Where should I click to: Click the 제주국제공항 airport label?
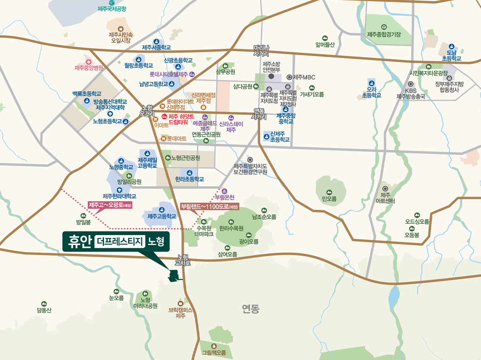pyautogui.click(x=112, y=8)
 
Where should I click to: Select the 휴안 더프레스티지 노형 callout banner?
pyautogui.click(x=116, y=241)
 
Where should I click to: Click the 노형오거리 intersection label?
pyautogui.click(x=146, y=110)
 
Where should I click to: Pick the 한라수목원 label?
pyautogui.click(x=231, y=229)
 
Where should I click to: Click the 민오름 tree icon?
pyautogui.click(x=329, y=192)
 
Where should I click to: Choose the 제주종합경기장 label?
pyautogui.click(x=384, y=34)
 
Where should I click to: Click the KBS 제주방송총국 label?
pyautogui.click(x=411, y=93)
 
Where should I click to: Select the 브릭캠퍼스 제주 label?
pyautogui.click(x=181, y=313)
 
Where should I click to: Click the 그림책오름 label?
pyautogui.click(x=214, y=353)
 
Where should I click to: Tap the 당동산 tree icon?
pyautogui.click(x=44, y=304)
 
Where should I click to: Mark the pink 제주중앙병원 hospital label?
pyautogui.click(x=89, y=68)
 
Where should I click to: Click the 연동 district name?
pyautogui.click(x=250, y=309)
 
